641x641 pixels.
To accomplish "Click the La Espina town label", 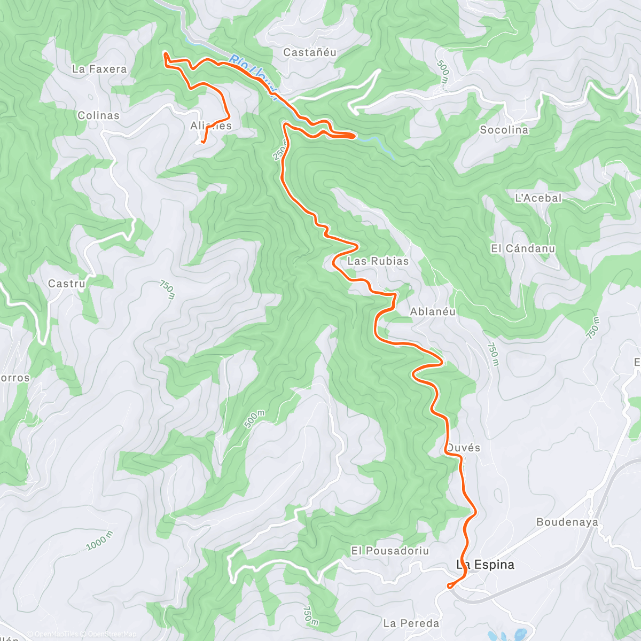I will (485, 565).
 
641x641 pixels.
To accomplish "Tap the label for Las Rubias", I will (378, 261).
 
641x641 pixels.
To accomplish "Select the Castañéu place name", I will (310, 52).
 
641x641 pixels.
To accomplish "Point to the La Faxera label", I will (99, 69).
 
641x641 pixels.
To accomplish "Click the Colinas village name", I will (98, 115).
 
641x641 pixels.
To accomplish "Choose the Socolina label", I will (504, 130).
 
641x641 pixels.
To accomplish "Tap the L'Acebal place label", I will (538, 198).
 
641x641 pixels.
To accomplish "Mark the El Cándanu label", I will (523, 248).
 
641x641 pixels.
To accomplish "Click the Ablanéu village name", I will (433, 311).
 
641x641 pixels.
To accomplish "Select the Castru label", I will (67, 284).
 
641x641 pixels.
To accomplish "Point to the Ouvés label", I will (463, 448).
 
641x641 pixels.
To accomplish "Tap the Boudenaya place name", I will (567, 522).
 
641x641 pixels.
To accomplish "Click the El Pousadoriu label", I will (390, 551).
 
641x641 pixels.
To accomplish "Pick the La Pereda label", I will (411, 623).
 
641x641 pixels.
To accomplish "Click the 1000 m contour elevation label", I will (100, 541).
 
